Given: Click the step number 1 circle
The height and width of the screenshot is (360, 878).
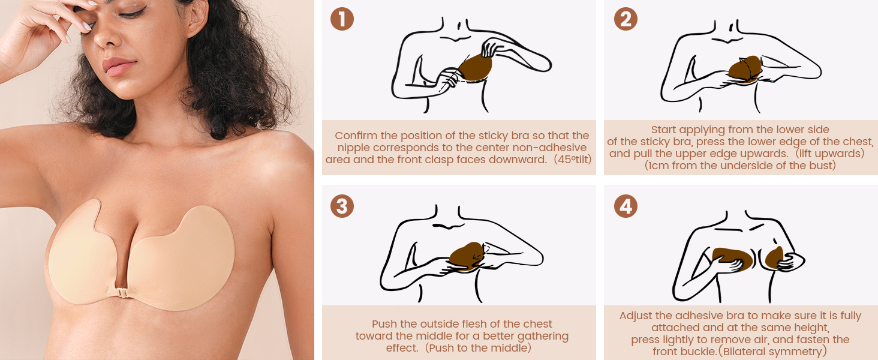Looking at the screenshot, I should (342, 19).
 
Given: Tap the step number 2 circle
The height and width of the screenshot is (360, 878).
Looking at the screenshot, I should (626, 19).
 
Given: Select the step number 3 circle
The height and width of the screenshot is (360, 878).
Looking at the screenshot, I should (342, 206).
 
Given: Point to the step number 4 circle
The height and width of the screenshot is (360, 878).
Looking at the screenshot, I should (626, 206).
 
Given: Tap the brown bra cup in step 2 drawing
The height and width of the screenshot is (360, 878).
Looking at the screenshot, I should (745, 71).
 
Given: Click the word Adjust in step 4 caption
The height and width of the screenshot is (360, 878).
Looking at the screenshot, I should (637, 316).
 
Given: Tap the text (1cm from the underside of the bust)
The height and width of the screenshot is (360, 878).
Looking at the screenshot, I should (740, 166).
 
